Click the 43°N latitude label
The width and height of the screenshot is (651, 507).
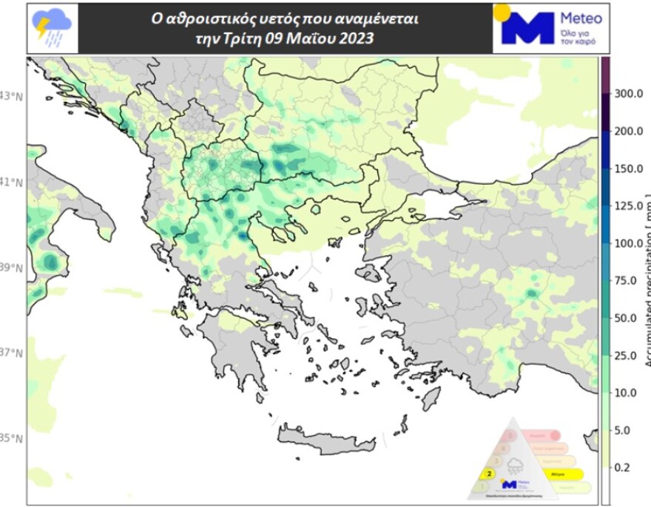pos(13,96)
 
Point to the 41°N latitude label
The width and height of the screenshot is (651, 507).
pos(13,182)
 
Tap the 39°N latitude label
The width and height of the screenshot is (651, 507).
pos(13,268)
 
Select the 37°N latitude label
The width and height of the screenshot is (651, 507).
pos(13,353)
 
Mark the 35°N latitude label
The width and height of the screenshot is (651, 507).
pos(13,438)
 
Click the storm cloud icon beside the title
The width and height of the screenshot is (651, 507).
pos(52,29)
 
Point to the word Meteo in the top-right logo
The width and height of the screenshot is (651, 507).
pos(581,18)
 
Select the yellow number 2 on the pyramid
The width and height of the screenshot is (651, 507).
pos(489,473)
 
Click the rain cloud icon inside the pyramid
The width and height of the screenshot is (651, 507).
pos(516,465)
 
